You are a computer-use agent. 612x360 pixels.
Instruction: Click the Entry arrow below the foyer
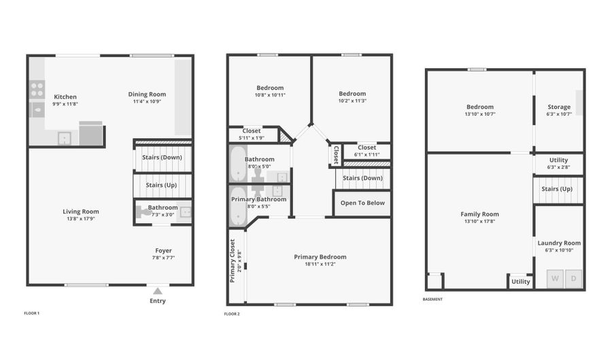158,291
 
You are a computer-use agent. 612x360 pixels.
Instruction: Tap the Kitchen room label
65,97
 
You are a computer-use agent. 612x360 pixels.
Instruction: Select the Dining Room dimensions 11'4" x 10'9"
147,102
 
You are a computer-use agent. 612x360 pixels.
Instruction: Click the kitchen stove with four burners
37,89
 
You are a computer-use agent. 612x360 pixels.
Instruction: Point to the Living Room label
81,212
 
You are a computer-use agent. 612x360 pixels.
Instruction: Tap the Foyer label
163,250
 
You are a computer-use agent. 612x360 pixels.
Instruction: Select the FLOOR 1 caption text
32,313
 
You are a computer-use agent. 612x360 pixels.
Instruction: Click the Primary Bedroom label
320,257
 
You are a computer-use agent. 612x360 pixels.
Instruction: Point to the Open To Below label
362,203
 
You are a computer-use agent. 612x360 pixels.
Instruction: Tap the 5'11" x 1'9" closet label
251,138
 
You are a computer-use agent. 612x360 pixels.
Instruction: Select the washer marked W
556,279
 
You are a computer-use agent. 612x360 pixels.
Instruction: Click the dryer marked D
574,279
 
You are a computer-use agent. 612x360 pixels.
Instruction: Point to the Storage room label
559,107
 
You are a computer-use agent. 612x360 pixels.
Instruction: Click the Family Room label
479,214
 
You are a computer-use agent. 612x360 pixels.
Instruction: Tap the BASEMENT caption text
432,299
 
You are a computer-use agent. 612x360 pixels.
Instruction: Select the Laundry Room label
559,243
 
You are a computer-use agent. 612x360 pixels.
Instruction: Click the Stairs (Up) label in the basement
556,189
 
